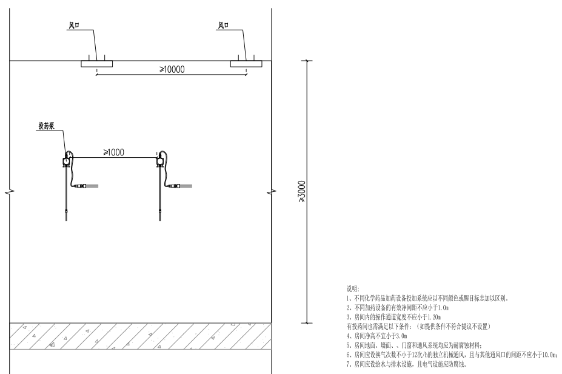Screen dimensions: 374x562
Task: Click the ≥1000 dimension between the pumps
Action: point(113,152)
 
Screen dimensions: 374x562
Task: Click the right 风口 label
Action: point(222,25)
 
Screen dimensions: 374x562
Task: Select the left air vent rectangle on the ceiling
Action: point(95,63)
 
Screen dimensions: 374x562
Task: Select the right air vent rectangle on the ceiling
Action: point(245,63)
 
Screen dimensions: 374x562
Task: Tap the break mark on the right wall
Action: point(271,192)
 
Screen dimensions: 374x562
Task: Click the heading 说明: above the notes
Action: point(352,290)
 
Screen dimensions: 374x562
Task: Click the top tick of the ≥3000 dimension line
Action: point(308,61)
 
